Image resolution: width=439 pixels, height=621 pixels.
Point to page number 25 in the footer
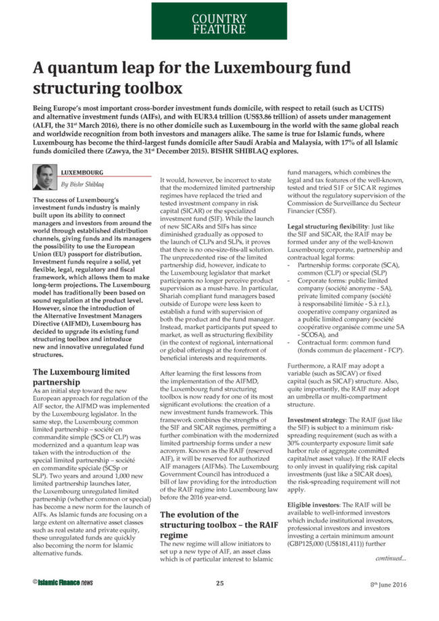click(220, 582)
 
